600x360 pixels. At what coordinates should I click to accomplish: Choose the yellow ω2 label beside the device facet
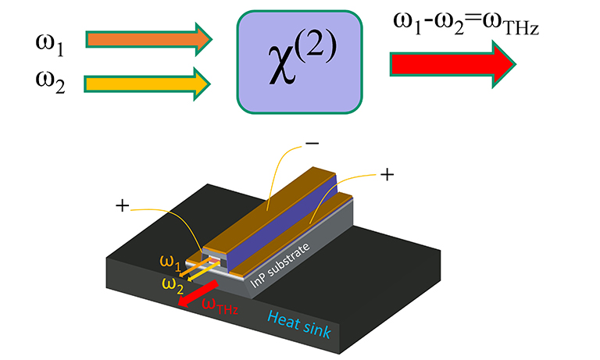click(x=173, y=282)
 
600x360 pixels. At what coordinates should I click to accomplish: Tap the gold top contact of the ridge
click(x=266, y=209)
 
